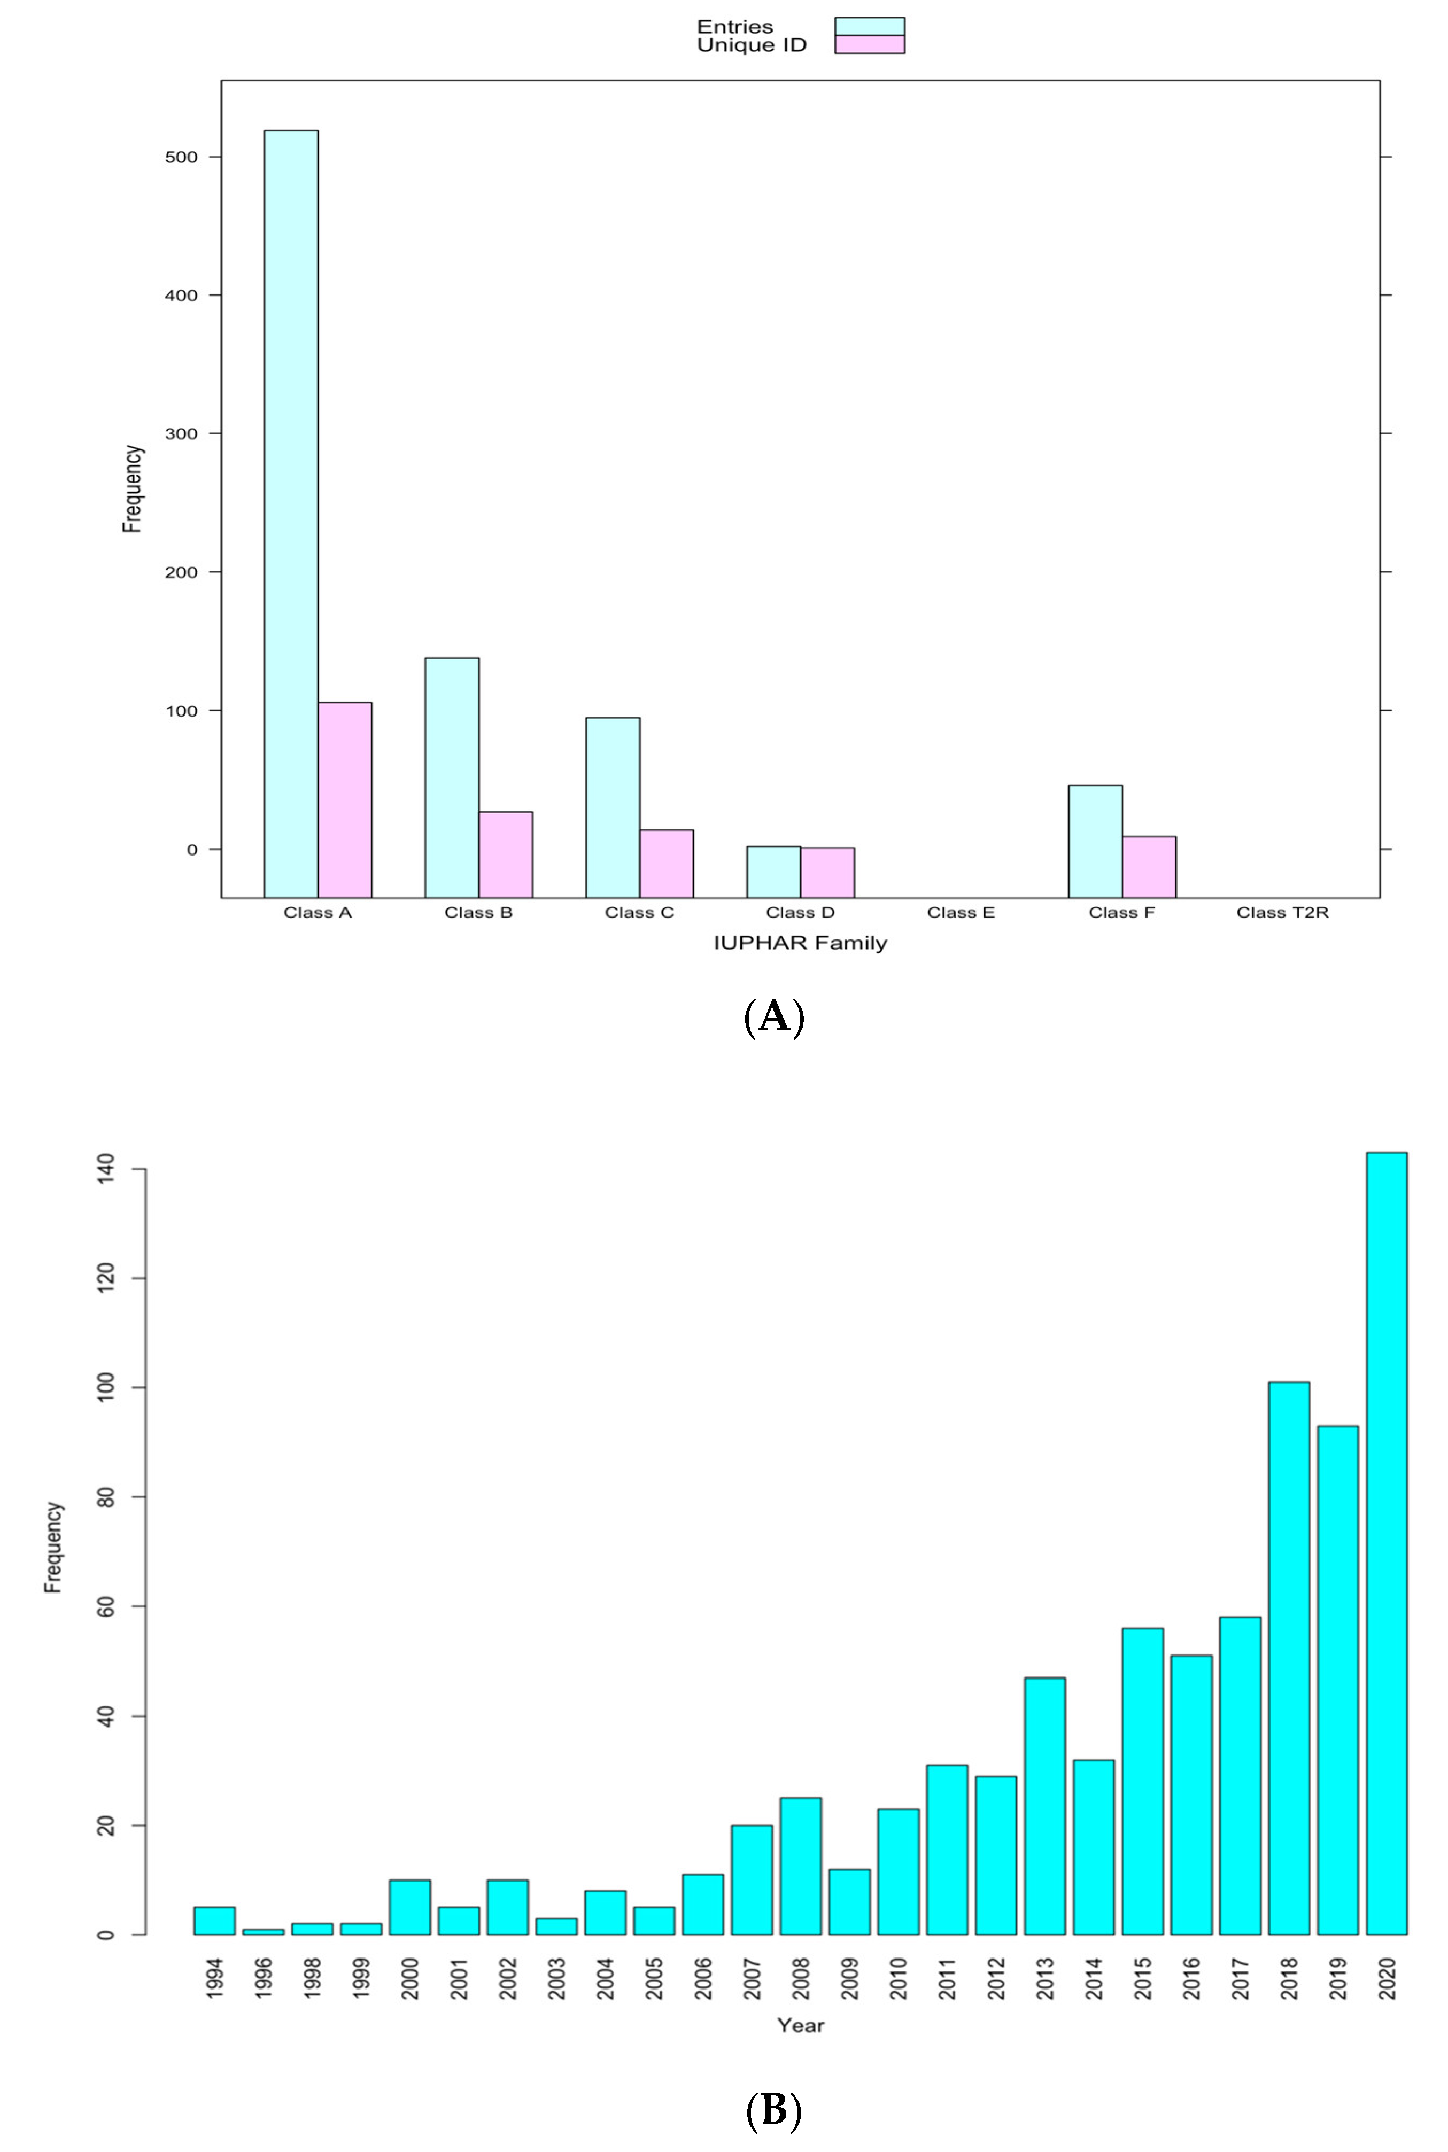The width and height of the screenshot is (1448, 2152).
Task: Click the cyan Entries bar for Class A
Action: click(x=291, y=514)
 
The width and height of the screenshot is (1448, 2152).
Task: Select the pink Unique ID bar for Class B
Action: click(x=505, y=854)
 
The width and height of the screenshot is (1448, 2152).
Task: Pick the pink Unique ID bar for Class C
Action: click(x=666, y=863)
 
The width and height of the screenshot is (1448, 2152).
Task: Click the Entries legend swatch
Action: click(x=869, y=26)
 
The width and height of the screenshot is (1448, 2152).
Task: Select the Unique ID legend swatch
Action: click(x=869, y=44)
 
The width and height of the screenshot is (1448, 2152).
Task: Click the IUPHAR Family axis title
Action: click(x=800, y=943)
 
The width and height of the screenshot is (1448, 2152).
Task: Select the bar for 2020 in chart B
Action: click(x=1386, y=1542)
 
